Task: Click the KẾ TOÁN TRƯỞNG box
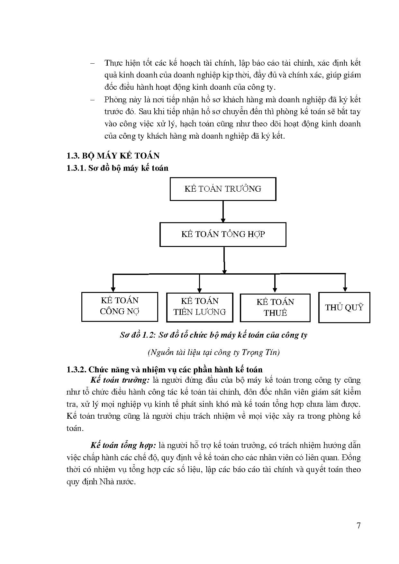tap(223, 189)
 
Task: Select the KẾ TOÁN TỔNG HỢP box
tap(223, 234)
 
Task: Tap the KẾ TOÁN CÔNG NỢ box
tap(120, 306)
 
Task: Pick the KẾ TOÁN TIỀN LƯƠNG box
tap(200, 307)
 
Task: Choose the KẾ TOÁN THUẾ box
tap(275, 308)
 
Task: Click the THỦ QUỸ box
tap(344, 307)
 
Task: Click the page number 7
tap(359, 526)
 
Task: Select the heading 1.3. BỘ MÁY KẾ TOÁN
tap(113, 156)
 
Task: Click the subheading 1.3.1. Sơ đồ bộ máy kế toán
tap(117, 168)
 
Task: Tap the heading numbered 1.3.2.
tap(164, 369)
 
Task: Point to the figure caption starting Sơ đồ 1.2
tap(213, 335)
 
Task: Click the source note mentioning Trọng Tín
tap(213, 352)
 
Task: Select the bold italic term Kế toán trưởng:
tap(120, 380)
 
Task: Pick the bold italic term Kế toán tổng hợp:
tap(123, 445)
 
